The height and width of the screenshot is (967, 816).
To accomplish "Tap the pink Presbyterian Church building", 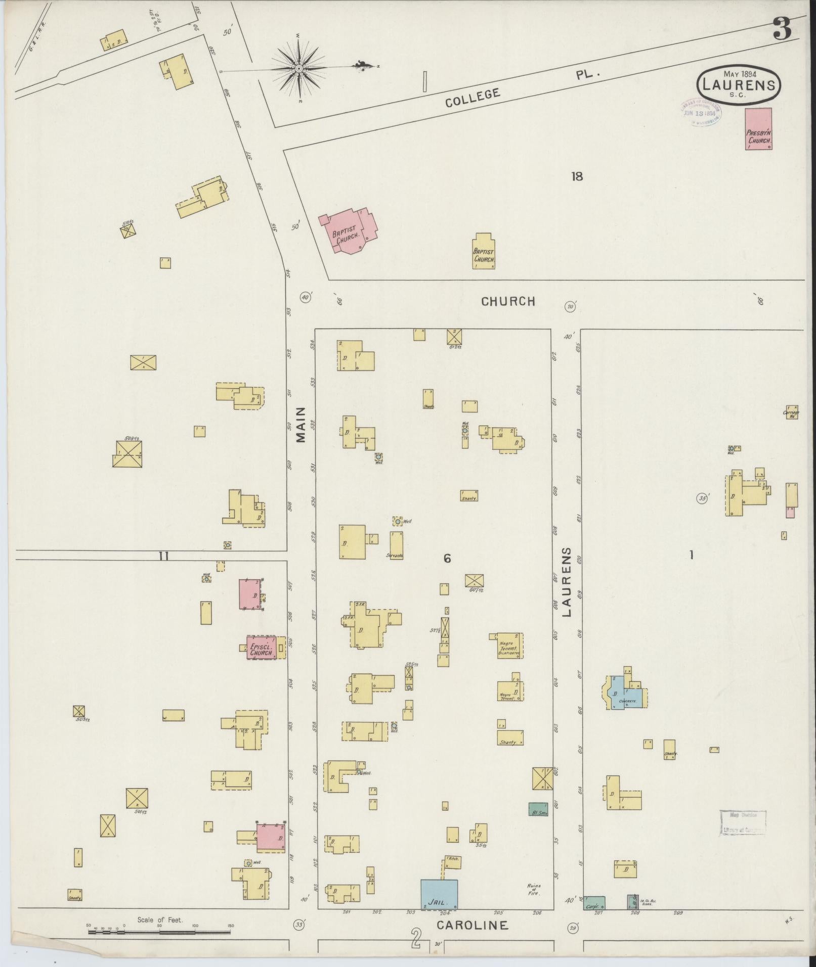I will (x=758, y=129).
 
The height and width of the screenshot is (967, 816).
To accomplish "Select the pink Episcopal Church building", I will (x=262, y=648).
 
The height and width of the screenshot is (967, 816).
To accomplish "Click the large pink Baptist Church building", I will (x=349, y=229).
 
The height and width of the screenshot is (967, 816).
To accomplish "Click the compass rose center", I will (x=298, y=68).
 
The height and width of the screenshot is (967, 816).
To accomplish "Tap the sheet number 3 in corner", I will (x=782, y=30).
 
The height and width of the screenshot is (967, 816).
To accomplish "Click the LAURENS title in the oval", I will (x=739, y=84).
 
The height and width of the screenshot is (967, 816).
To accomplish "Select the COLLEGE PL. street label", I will (x=521, y=86).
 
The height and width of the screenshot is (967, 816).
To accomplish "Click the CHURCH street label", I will (x=507, y=302).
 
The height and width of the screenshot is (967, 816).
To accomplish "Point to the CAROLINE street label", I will (x=472, y=925).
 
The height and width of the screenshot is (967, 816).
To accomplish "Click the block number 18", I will (x=577, y=176).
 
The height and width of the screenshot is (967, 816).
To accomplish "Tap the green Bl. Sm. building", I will (x=538, y=809).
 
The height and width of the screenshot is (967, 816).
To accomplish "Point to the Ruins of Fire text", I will (x=534, y=889).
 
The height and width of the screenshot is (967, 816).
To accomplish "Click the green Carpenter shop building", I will (x=594, y=903).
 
